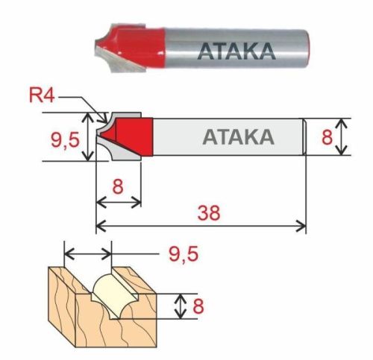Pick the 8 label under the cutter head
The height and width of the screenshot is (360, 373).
118,185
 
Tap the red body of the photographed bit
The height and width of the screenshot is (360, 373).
142,40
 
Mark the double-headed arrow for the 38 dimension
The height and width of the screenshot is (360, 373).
201,225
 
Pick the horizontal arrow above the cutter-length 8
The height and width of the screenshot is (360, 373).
119,200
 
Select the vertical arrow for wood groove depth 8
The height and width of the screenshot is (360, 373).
179,306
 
